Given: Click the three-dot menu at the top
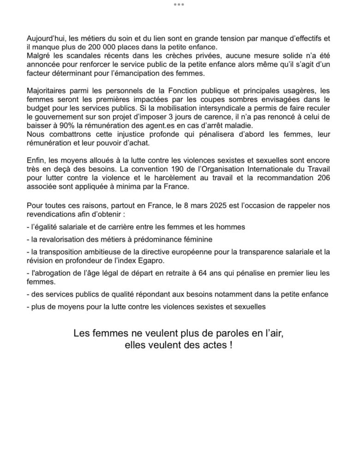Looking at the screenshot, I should [179, 4].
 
